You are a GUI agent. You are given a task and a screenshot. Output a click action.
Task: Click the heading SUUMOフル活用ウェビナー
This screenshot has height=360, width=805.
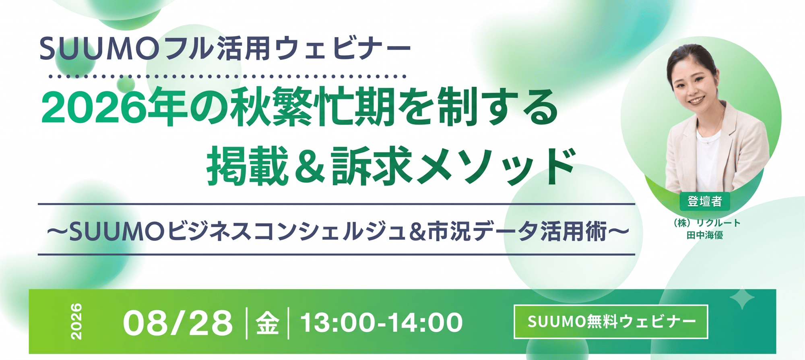coord(225,49)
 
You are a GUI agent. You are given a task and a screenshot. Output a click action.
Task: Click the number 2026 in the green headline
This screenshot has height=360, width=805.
coord(94,108)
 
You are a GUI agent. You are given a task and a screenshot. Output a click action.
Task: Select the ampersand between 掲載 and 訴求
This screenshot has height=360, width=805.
coord(309,166)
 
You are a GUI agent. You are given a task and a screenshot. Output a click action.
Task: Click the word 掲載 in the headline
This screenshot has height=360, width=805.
coord(248,166)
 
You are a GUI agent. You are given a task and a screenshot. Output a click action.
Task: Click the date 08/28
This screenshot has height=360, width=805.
coord(178,323)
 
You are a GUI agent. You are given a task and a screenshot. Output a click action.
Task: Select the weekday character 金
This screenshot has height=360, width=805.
coord(268,323)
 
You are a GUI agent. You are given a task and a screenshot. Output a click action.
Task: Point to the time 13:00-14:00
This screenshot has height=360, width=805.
coord(382,323)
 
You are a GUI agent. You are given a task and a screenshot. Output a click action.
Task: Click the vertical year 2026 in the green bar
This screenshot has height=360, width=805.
coord(76,321)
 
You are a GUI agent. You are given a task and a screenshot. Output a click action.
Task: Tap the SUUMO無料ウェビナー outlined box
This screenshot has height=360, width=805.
coord(611,322)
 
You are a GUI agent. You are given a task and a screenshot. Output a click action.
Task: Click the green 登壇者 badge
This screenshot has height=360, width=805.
coord(704,201)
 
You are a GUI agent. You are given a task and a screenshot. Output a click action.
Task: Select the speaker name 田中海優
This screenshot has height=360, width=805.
coord(705,235)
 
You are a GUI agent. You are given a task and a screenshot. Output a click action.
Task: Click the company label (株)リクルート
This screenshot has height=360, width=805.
coord(706,223)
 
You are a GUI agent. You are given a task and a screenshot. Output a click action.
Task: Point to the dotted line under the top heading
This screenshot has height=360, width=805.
coord(227,76)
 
